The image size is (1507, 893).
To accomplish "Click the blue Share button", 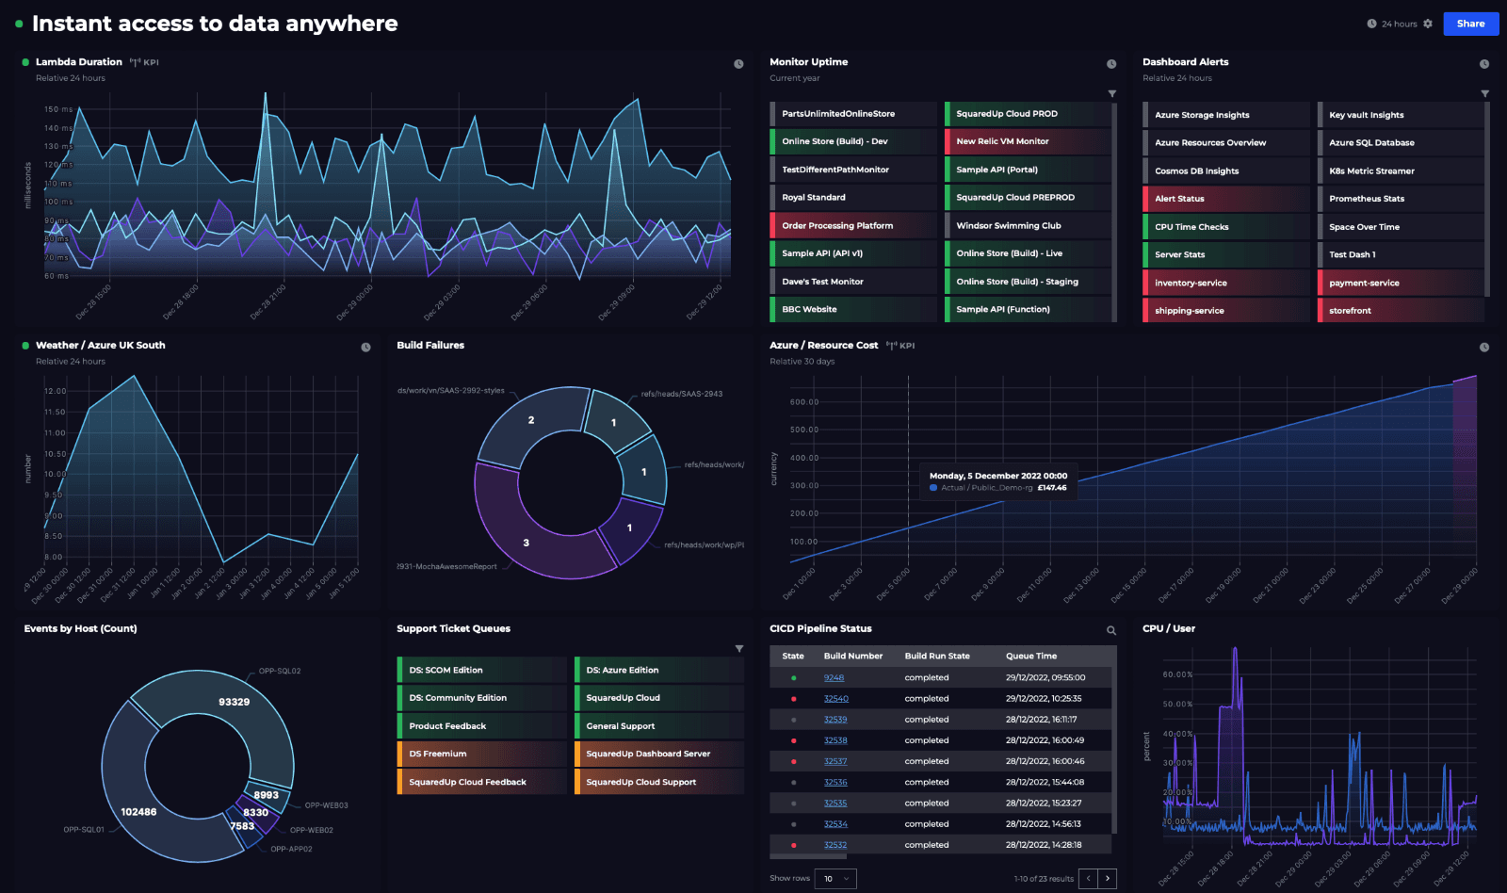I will pyautogui.click(x=1470, y=24).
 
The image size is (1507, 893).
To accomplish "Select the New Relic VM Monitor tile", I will pyautogui.click(x=1027, y=141).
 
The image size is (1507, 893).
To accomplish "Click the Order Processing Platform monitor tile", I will pyautogui.click(x=853, y=226).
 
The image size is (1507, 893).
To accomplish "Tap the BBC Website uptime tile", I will pyautogui.click(x=853, y=309).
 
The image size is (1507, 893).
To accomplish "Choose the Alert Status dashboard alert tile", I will pyautogui.click(x=1224, y=199).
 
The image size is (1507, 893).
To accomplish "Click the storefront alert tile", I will pyautogui.click(x=1399, y=311).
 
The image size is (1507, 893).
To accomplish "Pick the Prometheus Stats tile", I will pyautogui.click(x=1399, y=199).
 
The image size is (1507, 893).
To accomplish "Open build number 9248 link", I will pyautogui.click(x=834, y=678).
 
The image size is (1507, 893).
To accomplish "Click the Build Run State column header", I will pyautogui.click(x=937, y=656).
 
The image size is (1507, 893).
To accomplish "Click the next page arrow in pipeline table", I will pyautogui.click(x=1108, y=878).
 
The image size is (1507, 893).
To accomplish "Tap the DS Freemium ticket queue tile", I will pyautogui.click(x=480, y=754).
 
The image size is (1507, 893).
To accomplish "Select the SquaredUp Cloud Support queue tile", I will pyautogui.click(x=657, y=782).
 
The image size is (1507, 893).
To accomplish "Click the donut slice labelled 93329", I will pyautogui.click(x=234, y=702).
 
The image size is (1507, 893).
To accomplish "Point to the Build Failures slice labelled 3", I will pyautogui.click(x=526, y=543).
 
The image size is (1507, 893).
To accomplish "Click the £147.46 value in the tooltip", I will pyautogui.click(x=1052, y=488).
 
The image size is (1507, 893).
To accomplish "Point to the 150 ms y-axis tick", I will pyautogui.click(x=58, y=109).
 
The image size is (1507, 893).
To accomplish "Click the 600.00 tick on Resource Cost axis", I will pyautogui.click(x=804, y=402).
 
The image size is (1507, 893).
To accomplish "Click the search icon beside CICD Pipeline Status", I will pyautogui.click(x=1111, y=630).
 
